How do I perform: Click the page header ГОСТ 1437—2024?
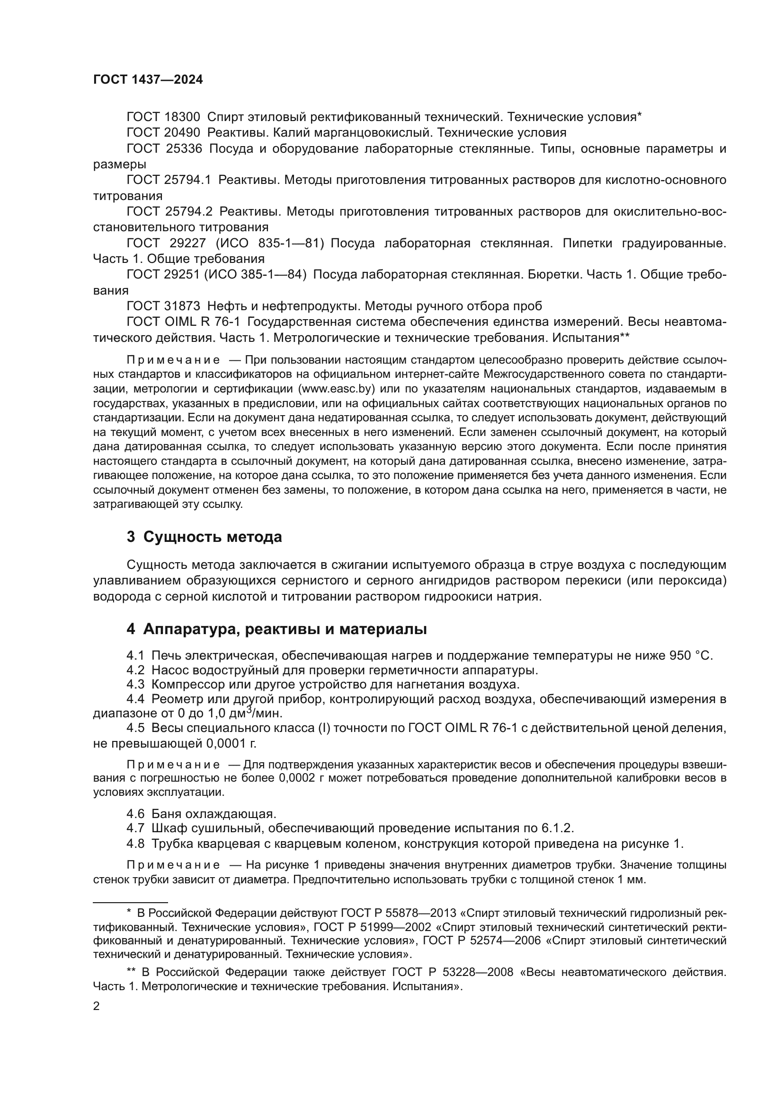148,80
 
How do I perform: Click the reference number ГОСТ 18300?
163,117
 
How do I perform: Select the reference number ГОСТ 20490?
163,132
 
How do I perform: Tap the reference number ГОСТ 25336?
164,148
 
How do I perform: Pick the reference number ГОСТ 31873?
163,306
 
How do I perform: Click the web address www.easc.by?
337,388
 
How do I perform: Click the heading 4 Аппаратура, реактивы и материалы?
276,629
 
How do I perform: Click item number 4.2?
135,670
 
